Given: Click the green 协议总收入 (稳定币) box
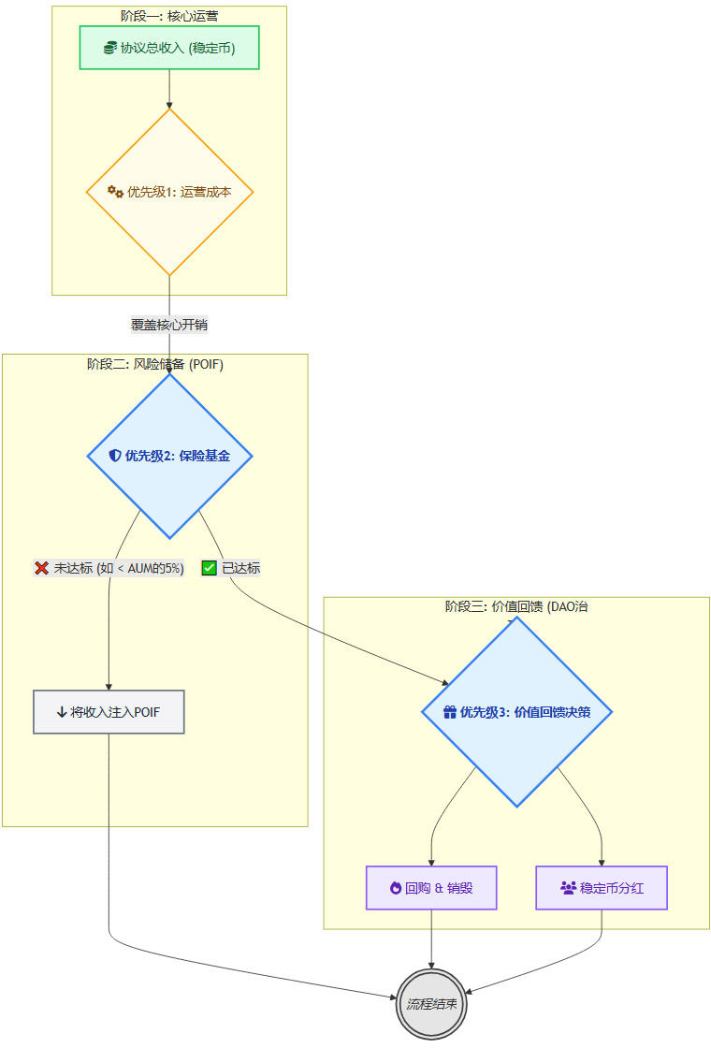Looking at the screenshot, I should [168, 48].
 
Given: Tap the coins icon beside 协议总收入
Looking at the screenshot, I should [110, 48].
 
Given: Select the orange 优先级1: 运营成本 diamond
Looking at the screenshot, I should [169, 192].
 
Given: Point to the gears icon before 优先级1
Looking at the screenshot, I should [115, 192].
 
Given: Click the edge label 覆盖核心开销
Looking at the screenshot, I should [169, 325].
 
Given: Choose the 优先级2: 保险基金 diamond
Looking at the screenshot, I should [169, 456].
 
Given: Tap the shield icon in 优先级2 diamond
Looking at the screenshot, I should [115, 456].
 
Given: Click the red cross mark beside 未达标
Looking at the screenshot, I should [42, 568].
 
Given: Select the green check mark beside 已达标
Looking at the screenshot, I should [210, 568].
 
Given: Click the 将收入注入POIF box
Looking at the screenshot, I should [109, 712].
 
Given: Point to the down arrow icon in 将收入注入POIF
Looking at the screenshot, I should [62, 712].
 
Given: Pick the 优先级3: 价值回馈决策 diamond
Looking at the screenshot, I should [516, 711].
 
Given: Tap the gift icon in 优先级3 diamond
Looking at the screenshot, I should [449, 712].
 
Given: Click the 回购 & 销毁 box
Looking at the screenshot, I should [431, 888].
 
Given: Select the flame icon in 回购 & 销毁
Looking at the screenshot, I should [396, 888].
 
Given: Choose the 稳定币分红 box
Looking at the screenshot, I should [602, 888].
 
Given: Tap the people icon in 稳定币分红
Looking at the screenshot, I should [568, 888].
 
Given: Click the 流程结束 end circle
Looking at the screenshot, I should [431, 1004].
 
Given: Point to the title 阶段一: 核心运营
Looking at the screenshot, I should [169, 16].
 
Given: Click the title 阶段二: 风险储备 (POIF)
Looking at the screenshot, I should [155, 364].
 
